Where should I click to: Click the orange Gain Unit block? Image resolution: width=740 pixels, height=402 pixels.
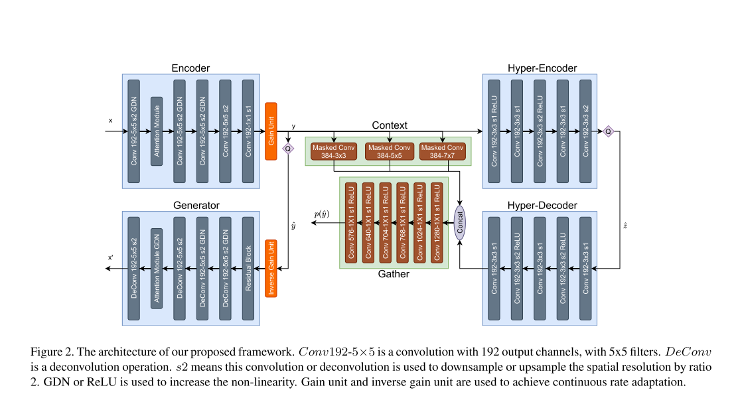271,131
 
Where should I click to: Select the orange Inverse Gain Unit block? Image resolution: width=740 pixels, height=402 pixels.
271,268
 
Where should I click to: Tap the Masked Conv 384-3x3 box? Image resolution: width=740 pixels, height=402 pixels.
334,151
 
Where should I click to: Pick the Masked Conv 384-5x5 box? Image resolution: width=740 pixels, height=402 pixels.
388,151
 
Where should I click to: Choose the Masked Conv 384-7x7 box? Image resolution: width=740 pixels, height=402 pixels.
442,151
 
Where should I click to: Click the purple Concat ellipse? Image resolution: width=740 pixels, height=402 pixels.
460,223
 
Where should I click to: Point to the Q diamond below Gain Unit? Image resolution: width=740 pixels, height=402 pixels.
288,149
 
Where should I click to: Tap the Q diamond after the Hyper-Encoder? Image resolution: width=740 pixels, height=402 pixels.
608,131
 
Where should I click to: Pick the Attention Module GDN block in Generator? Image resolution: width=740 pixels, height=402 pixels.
157,268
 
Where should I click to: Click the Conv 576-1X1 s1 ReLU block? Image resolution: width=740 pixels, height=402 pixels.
351,223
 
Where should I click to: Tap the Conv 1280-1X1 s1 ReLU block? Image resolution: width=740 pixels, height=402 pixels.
437,223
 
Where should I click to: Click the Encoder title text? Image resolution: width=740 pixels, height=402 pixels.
190,68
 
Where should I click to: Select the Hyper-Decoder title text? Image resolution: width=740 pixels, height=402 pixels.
542,205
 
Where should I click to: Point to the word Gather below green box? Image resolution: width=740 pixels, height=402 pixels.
394,274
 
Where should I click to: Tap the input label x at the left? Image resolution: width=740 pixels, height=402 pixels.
111,121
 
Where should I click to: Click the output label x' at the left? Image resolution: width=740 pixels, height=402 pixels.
110,257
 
